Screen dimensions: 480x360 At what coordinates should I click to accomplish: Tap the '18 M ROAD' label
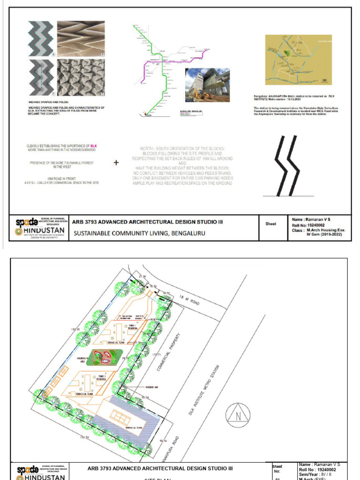190,300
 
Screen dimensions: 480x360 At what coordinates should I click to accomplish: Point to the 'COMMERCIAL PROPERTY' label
168,353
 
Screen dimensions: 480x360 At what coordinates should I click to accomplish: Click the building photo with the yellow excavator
207,85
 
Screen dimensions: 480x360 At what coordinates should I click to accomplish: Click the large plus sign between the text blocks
116,163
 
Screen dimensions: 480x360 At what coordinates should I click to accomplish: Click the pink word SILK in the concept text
94,146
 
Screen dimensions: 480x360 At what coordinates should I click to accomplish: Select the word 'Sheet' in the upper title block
271,224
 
